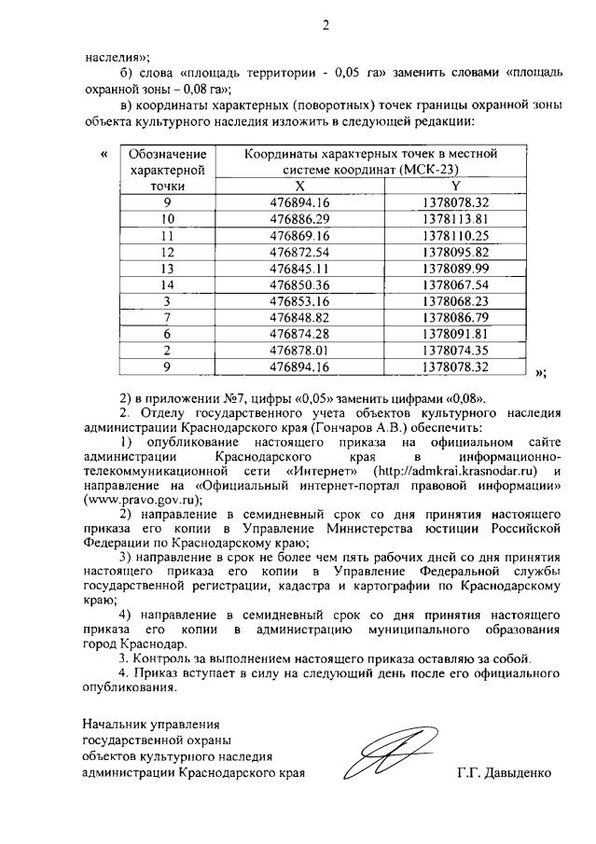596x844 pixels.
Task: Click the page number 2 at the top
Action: [326, 25]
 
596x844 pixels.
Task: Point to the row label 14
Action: [167, 284]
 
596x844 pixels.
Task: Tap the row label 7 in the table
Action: [167, 317]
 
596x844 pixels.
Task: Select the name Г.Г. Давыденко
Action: [504, 773]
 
